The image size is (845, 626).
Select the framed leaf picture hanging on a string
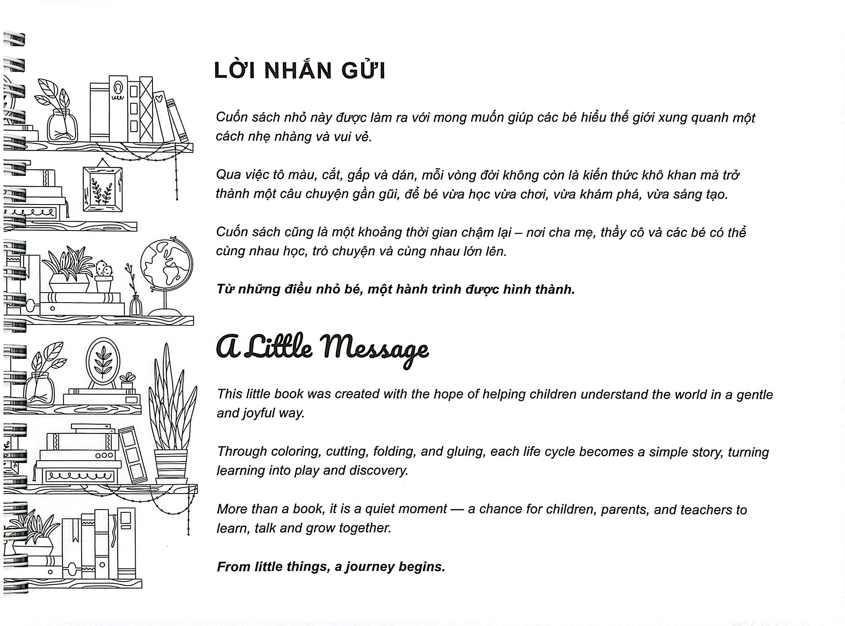tap(102, 189)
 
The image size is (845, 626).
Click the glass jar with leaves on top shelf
tap(62, 124)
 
